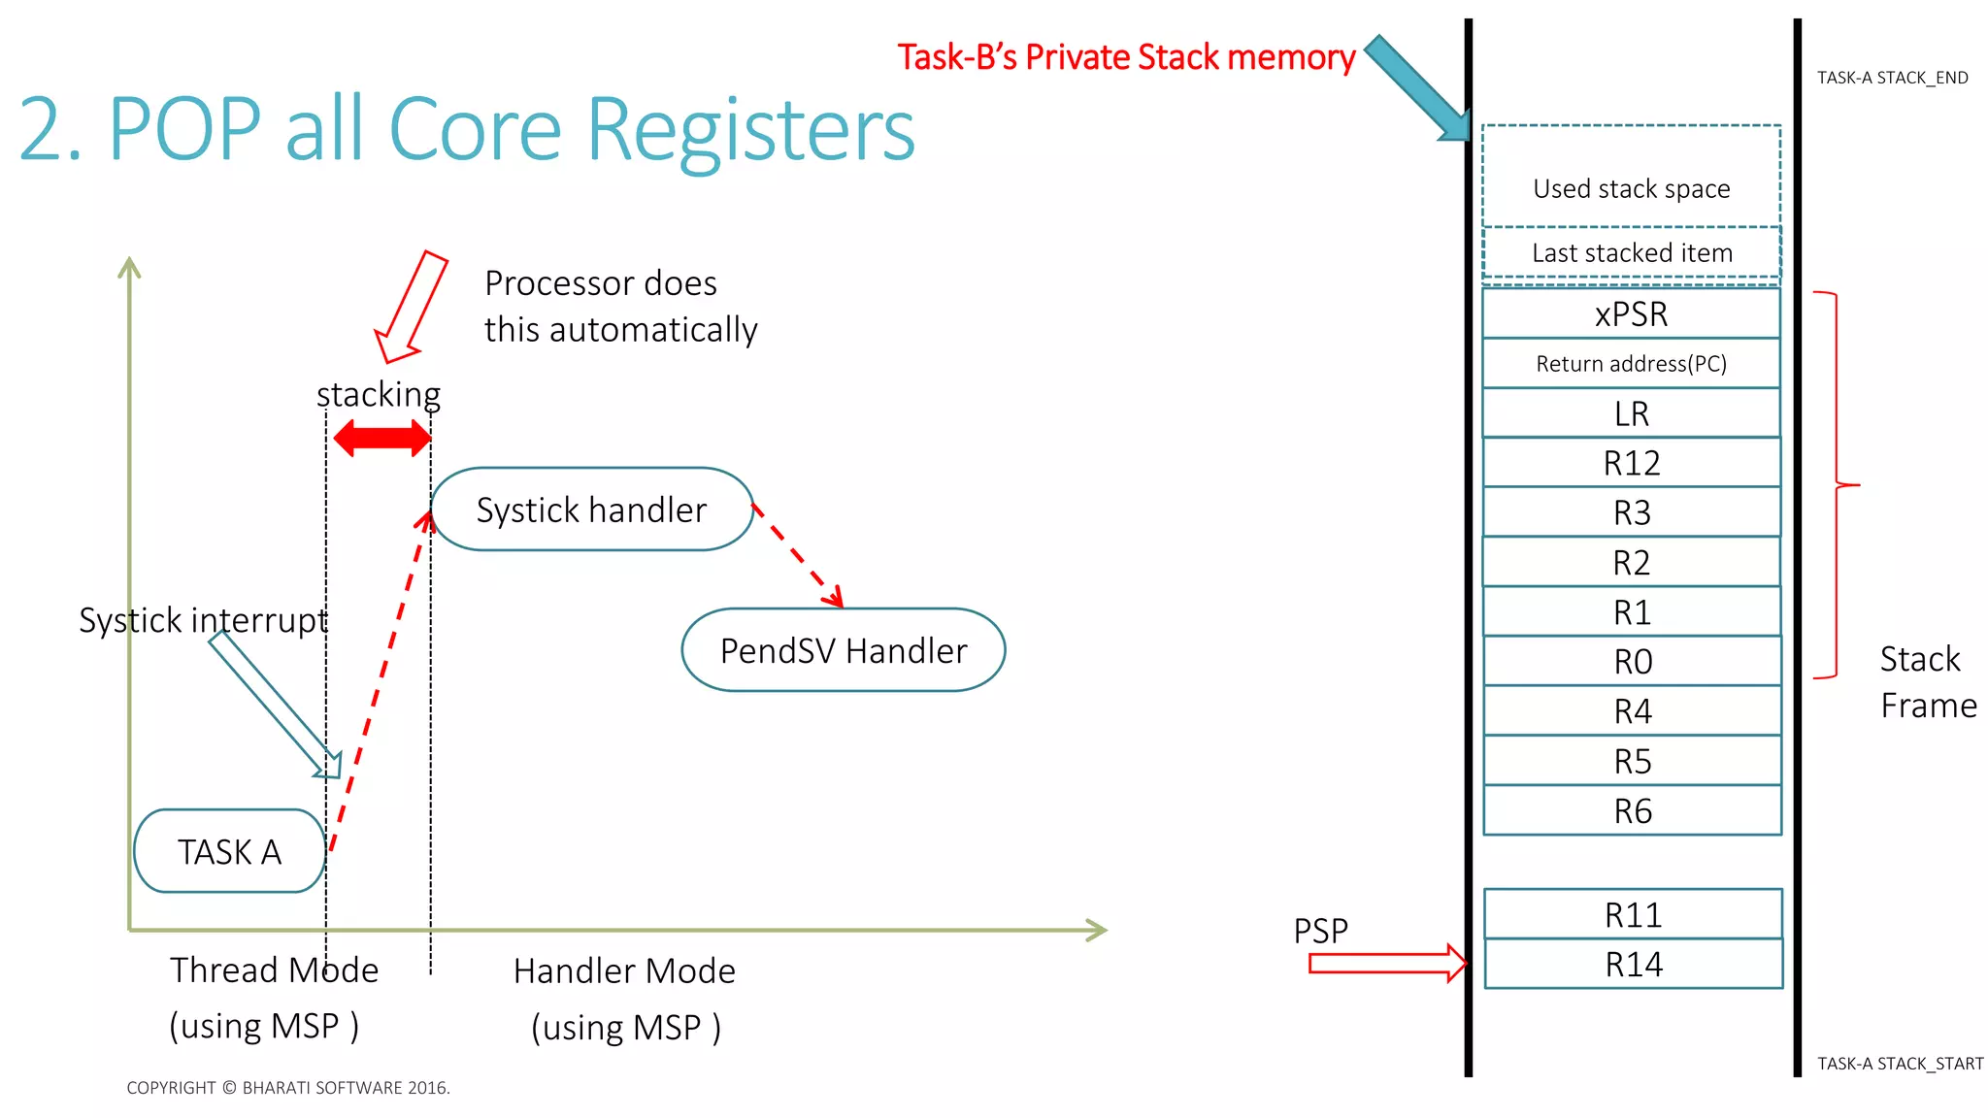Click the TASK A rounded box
229,851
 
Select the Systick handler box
591,510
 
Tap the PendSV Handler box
843,650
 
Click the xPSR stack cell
1631,313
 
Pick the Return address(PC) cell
1631,364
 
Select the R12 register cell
1631,463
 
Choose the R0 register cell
1632,662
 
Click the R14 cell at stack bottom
1633,964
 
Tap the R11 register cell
1633,914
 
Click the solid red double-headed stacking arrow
381,438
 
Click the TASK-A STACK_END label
1892,78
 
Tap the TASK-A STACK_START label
1900,1064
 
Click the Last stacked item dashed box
1631,253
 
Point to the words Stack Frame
1927,682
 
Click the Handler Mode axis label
624,970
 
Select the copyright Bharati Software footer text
288,1088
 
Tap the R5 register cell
1632,761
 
